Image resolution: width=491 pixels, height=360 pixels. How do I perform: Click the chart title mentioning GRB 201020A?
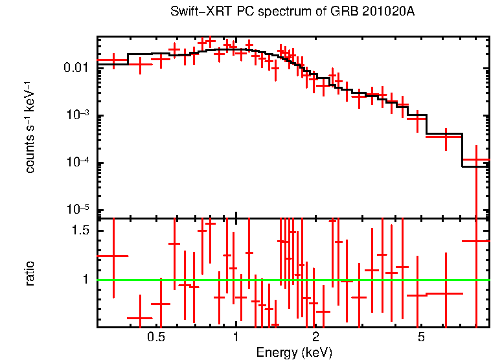292,12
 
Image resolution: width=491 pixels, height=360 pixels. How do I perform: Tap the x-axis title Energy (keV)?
293,352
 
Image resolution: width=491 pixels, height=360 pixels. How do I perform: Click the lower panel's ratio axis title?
30,273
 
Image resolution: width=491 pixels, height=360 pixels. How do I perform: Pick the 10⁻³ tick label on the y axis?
79,115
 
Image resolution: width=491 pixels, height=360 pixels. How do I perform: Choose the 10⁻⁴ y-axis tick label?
79,163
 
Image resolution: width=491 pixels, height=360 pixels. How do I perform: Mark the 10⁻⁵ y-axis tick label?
79,210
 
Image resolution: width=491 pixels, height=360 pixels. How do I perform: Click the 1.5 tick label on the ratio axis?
80,231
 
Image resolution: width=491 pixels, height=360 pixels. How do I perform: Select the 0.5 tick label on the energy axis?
155,337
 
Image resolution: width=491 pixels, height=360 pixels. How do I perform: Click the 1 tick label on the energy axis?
235,337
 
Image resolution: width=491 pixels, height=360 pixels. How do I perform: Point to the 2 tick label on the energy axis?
315,337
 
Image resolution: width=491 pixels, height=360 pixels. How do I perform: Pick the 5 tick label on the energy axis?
421,337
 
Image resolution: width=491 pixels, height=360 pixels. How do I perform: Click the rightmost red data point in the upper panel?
477,160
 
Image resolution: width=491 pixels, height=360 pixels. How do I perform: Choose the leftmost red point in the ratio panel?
113,256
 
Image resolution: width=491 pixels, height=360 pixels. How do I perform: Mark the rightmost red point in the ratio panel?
477,241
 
